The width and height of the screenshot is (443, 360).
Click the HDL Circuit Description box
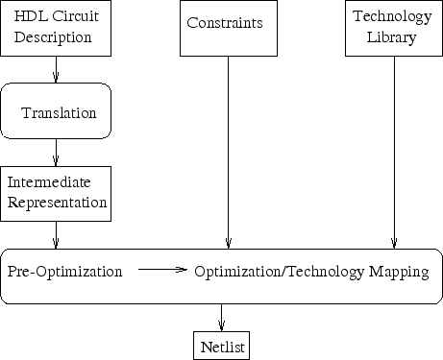[56, 28]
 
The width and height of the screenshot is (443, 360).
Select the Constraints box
[227, 28]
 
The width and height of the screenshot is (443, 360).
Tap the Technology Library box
[392, 28]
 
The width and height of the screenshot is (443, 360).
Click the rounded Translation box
[56, 112]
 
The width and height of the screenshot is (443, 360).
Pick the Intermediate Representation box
[56, 192]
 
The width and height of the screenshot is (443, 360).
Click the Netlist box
[222, 344]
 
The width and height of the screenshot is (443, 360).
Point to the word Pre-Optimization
[65, 273]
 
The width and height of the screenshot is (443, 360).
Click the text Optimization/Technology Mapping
[310, 273]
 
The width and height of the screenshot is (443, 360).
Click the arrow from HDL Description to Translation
[56, 69]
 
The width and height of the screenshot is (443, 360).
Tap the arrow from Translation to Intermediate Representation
[56, 153]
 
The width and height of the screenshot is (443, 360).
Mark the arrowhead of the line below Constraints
[228, 242]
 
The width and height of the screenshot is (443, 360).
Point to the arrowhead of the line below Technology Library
[393, 242]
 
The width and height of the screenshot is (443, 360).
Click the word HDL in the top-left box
[30, 17]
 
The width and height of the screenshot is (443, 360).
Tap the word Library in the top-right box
[392, 37]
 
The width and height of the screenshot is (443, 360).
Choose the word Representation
[56, 203]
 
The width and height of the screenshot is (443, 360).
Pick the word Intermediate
[46, 181]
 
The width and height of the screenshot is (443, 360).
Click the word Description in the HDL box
[56, 38]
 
